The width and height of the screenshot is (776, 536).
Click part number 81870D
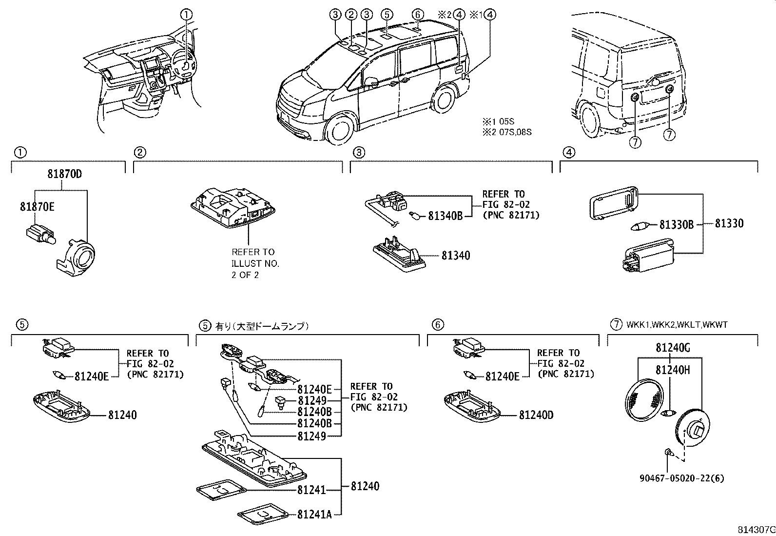coord(65,173)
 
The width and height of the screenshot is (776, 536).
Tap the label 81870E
coord(37,207)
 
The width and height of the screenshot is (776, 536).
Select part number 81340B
coord(445,216)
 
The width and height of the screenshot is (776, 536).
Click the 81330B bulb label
coord(677,224)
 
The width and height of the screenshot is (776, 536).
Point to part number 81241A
coord(315,514)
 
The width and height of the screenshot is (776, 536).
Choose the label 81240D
coord(536,415)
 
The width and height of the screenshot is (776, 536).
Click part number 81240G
coord(673,348)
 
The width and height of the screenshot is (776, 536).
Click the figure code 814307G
coord(756,530)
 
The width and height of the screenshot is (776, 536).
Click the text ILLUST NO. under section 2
coord(255,263)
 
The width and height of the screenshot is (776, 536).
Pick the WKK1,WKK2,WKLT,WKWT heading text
coord(677,324)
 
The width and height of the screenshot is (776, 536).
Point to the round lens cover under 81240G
coord(644,399)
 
